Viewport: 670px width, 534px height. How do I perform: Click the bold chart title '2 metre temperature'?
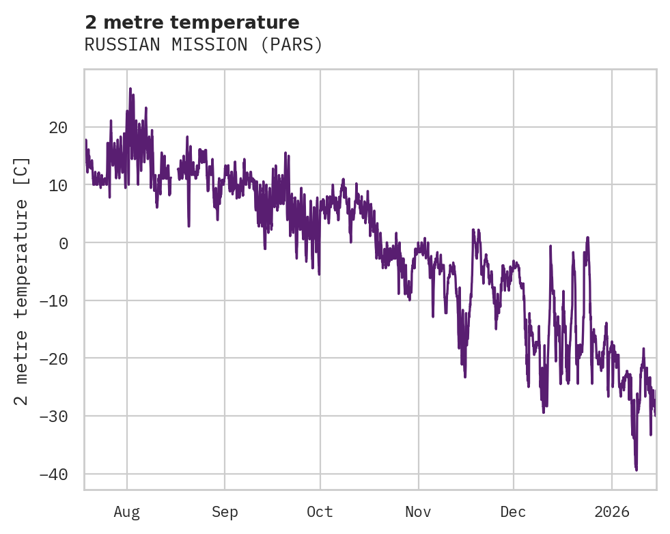click(x=192, y=23)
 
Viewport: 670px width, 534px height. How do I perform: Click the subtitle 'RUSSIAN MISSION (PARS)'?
click(x=204, y=45)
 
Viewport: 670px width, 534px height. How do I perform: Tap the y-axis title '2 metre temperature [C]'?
click(x=23, y=280)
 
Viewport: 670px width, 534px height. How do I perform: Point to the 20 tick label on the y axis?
click(x=58, y=127)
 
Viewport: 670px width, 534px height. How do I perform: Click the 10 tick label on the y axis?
click(x=58, y=185)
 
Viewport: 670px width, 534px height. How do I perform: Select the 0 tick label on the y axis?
click(x=63, y=242)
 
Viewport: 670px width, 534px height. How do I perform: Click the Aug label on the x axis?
click(x=127, y=511)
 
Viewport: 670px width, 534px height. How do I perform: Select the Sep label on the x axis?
click(x=225, y=511)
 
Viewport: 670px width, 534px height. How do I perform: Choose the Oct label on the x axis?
click(x=320, y=511)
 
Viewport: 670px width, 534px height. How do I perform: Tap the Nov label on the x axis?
click(x=418, y=511)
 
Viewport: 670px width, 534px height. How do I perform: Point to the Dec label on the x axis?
click(x=513, y=511)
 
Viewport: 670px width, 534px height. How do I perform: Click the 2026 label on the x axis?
click(x=611, y=511)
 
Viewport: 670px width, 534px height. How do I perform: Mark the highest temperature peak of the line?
click(x=130, y=88)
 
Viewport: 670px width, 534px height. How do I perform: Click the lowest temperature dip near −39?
click(x=637, y=470)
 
